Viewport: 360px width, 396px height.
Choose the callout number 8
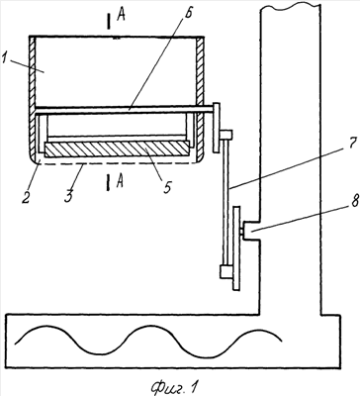pos(353,200)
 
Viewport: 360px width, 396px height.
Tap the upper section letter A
pos(121,17)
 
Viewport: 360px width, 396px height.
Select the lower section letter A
pos(120,181)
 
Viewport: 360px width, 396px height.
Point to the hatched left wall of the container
pos(32,99)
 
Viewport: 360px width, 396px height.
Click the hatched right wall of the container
pos(201,99)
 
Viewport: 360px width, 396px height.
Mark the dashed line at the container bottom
pos(117,164)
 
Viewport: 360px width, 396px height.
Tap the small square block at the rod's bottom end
pos(226,271)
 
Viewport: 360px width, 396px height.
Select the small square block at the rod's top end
pos(226,135)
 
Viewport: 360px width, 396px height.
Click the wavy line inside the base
pos(147,342)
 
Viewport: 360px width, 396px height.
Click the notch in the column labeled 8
pos(252,232)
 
